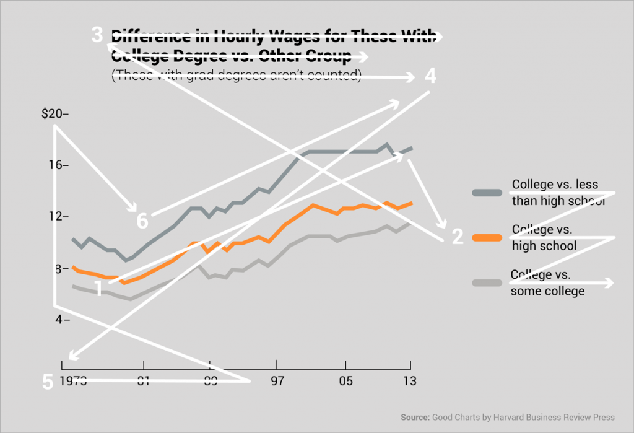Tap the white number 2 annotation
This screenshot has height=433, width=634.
[x=457, y=237]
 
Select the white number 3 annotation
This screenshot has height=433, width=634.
[x=97, y=35]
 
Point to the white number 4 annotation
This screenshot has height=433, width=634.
[x=430, y=76]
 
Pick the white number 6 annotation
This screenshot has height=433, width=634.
[x=142, y=221]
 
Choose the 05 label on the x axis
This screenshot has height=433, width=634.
[x=345, y=380]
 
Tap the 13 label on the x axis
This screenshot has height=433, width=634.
[x=409, y=380]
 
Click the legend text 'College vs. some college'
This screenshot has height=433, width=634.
[x=547, y=282]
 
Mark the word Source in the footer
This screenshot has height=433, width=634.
[x=414, y=416]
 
